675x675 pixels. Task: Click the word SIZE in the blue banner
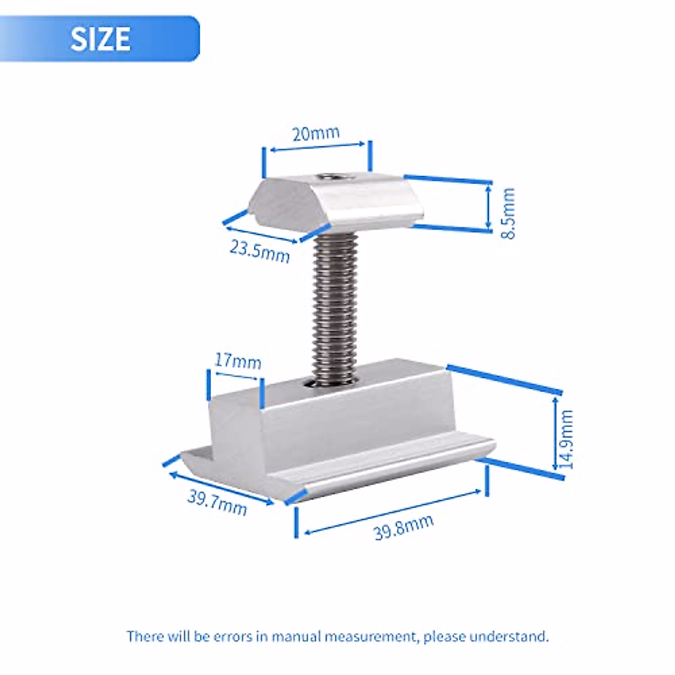[100, 39]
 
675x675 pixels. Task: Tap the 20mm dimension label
[316, 133]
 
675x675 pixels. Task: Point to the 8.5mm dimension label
[507, 213]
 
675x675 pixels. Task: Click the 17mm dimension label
[238, 361]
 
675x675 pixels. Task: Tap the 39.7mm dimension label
[217, 503]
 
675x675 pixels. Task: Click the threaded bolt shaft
[334, 308]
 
